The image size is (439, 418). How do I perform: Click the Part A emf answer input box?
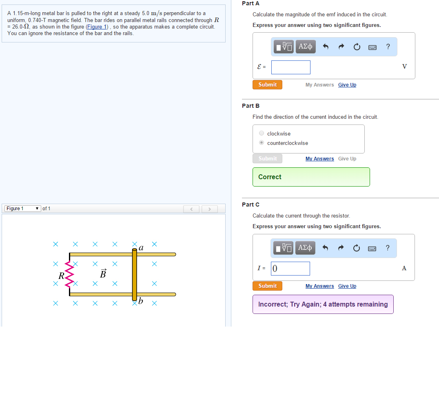point(290,67)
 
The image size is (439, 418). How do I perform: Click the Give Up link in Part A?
point(347,84)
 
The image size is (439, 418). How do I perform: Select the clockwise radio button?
point(262,133)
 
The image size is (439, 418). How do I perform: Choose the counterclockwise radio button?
point(262,142)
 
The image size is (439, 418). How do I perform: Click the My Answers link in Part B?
point(320,158)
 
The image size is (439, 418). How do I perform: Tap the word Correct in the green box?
point(270,177)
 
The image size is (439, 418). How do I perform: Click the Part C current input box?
point(290,269)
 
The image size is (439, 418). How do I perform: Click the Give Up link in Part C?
point(347,286)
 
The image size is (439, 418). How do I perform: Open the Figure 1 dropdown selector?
point(23,209)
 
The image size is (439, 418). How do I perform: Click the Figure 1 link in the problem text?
point(97,27)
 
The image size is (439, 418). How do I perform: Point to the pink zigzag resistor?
point(69,274)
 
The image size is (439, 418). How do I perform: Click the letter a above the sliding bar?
point(141,248)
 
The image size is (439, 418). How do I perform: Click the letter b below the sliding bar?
point(140,300)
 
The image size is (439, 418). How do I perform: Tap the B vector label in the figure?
point(103,273)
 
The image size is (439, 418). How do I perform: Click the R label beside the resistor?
point(61,276)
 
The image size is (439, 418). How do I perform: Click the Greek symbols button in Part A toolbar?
point(306,47)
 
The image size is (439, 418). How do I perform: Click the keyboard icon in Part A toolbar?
point(372,47)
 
